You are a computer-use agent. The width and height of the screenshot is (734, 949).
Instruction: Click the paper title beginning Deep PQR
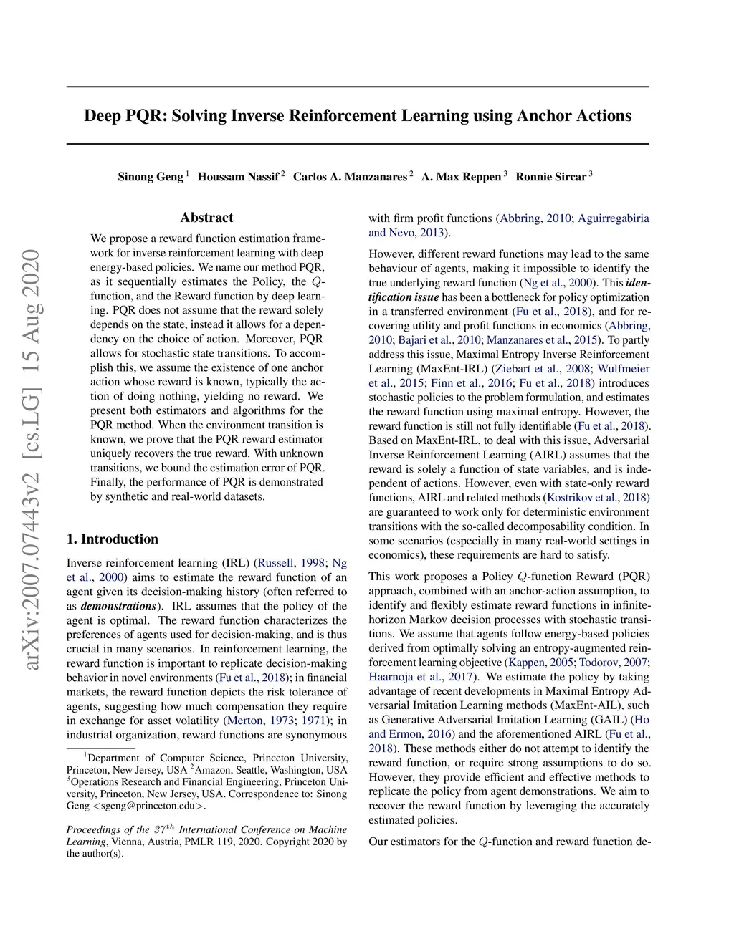[x=358, y=116]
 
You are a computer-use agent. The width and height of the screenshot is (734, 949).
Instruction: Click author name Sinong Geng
[x=150, y=177]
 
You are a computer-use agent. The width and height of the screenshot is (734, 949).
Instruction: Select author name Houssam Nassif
[x=238, y=177]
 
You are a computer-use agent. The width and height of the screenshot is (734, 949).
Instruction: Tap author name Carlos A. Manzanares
[x=350, y=177]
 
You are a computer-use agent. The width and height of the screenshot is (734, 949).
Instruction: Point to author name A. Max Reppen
[x=461, y=177]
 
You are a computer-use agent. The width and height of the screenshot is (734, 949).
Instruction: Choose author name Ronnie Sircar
[x=550, y=177]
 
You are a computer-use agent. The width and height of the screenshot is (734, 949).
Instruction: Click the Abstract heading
[x=206, y=218]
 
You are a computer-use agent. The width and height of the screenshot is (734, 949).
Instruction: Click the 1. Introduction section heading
[x=113, y=539]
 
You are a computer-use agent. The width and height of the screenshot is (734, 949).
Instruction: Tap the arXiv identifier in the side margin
[x=31, y=458]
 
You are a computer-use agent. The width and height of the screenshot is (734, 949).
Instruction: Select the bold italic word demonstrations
[x=119, y=606]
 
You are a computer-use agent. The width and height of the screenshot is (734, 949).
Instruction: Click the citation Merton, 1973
[x=259, y=721]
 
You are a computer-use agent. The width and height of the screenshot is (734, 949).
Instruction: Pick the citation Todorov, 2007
[x=613, y=663]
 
